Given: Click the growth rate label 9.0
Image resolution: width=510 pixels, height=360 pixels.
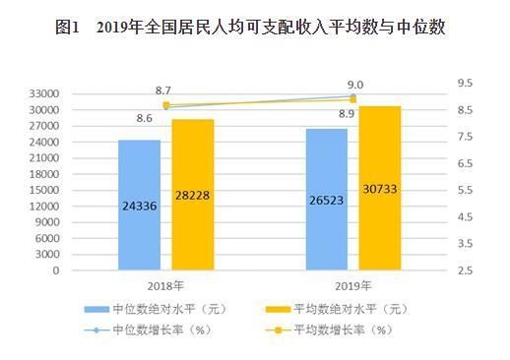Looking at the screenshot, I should point(355,85).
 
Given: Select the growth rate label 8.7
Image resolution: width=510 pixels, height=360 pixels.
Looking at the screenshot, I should point(164,90).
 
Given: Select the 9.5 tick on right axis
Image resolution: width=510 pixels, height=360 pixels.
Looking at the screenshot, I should point(464,85).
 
